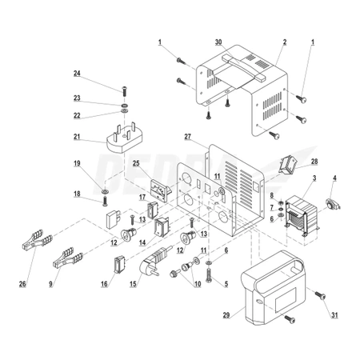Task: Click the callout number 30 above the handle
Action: [218, 42]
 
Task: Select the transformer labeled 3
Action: [302, 216]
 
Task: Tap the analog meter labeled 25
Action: [161, 190]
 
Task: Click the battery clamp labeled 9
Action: [68, 258]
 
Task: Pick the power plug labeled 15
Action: [154, 262]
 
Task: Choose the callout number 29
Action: [226, 315]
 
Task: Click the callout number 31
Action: [334, 315]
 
